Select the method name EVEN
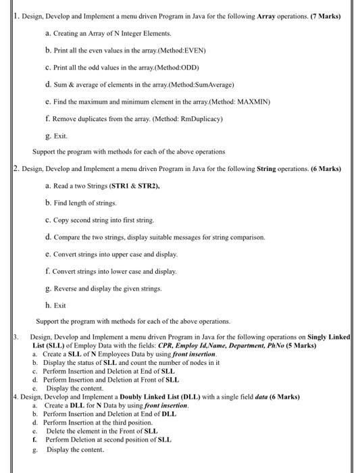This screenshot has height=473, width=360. click(x=195, y=51)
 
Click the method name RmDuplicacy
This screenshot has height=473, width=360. click(x=200, y=119)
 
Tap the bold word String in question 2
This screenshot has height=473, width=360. click(x=267, y=168)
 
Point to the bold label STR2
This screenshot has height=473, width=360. click(x=147, y=185)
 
